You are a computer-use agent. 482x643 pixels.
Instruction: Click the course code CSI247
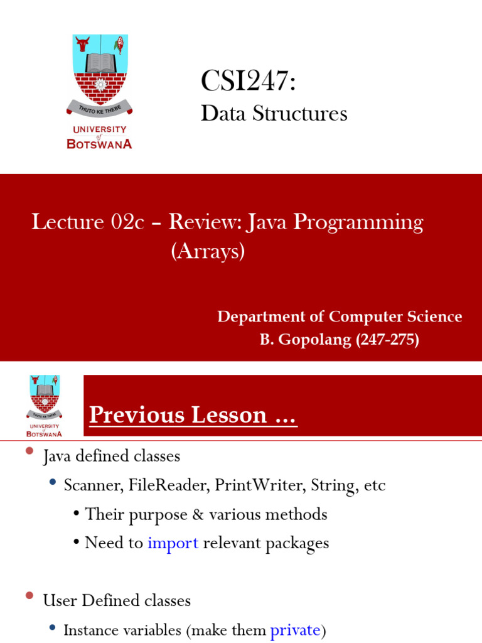click(244, 80)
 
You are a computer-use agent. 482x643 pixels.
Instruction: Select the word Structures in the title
click(299, 113)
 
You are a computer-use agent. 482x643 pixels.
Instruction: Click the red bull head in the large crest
click(82, 44)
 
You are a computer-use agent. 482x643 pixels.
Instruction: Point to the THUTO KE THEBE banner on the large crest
click(100, 109)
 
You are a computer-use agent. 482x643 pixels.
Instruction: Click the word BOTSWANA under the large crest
click(99, 144)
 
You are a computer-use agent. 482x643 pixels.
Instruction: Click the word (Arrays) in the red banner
click(208, 251)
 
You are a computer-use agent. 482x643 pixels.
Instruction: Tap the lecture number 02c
click(127, 222)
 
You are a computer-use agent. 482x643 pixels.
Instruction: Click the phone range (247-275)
click(387, 340)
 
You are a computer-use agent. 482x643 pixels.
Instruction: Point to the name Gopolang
click(315, 340)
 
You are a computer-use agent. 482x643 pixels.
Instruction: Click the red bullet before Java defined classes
click(29, 451)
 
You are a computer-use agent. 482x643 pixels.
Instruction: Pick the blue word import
click(173, 543)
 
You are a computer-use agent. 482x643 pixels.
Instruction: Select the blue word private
click(295, 630)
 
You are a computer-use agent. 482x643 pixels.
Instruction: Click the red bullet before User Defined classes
click(29, 595)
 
